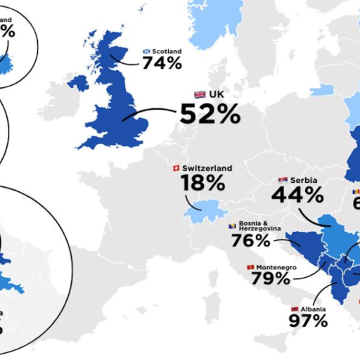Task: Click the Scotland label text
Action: point(167,51)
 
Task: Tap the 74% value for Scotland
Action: point(162,63)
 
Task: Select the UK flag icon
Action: point(200,94)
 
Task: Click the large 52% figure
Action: point(210,113)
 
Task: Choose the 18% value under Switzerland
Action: point(202,184)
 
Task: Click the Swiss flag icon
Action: point(176,169)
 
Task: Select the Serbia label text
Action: point(304,181)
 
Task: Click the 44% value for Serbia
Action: point(297,195)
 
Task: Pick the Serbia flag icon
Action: point(283,181)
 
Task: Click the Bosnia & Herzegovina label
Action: point(257,226)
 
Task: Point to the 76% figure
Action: point(250,240)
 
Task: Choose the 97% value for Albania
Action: point(308,321)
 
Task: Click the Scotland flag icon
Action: point(146,51)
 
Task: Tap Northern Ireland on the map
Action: point(77,83)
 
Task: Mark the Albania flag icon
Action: point(295,309)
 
